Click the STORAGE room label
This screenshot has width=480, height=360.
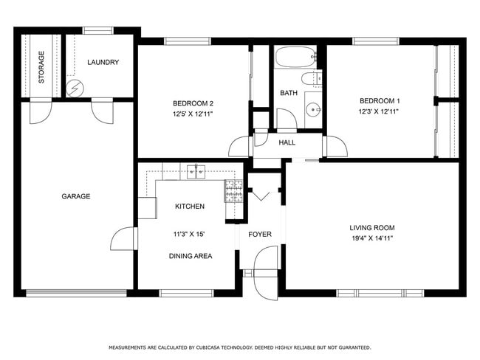coord(41,66)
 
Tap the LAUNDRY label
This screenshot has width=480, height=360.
coord(103,63)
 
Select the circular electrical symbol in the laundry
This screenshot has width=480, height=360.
coord(72,89)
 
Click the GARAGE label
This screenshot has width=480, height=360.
coord(75,196)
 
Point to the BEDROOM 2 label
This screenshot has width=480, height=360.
coord(193,103)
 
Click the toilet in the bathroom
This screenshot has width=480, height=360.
coord(310,79)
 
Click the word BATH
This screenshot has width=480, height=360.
coord(288,93)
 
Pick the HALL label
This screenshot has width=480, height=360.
coord(287,142)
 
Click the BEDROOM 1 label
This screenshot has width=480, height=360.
coord(380,100)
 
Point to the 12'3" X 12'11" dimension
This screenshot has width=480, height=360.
coord(380,111)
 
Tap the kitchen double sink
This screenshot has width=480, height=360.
coord(196,173)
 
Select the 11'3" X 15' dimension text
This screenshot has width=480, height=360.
coord(189,234)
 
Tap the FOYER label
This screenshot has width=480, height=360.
coord(260,235)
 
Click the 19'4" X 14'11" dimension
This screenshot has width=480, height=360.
coord(372,238)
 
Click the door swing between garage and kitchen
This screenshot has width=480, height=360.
coord(124,239)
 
